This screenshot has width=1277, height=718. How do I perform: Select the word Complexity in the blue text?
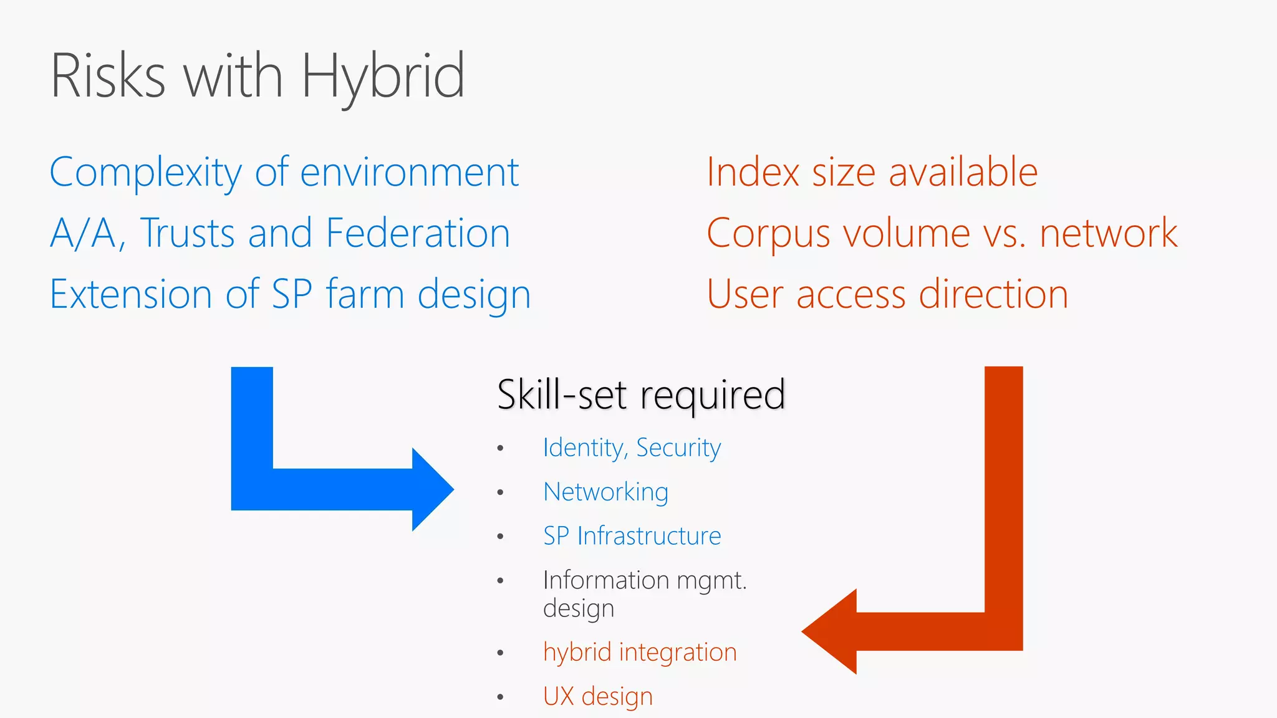pos(145,173)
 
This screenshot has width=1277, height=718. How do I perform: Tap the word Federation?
pos(418,233)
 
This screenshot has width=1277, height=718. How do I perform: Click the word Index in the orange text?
pos(753,173)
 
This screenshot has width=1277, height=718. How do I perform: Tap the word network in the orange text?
pos(1108,233)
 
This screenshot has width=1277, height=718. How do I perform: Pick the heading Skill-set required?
pos(641,395)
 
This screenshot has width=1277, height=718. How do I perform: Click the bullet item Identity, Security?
pos(632,448)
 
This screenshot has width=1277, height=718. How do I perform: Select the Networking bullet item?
pos(605,492)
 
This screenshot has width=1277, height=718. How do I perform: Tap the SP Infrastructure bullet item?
pos(632,536)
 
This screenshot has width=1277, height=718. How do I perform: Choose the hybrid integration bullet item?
pos(640,653)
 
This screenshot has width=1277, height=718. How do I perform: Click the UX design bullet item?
pos(597,696)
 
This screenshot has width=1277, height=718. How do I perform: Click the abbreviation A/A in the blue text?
pos(83,233)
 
